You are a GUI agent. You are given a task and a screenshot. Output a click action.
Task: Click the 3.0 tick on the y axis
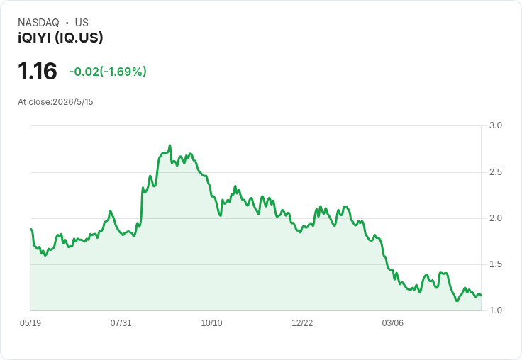pos(495,125)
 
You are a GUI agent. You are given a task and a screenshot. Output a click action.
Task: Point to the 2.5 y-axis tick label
pos(495,172)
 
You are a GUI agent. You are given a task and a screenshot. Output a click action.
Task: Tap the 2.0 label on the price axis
pos(495,218)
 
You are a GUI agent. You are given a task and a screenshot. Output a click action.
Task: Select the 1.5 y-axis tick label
pos(495,264)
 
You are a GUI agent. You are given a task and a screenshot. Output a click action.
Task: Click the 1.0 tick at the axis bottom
pos(495,310)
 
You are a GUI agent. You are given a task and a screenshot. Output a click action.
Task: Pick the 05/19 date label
pos(30,323)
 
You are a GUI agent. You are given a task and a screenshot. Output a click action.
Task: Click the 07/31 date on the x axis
pos(121,323)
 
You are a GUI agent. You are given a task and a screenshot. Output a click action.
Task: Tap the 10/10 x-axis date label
pos(211,323)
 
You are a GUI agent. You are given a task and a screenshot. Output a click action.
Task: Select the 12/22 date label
pos(302,323)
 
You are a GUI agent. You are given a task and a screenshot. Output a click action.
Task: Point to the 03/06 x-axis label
pos(392,323)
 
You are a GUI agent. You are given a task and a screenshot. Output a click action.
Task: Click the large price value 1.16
pos(38,71)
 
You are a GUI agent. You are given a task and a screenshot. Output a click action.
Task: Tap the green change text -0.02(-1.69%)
pos(108,72)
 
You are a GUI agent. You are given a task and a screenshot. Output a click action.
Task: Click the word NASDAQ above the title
pos(38,23)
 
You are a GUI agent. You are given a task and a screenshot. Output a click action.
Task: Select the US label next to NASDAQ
pos(82,23)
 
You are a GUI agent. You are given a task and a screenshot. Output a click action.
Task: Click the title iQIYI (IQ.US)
pos(60,38)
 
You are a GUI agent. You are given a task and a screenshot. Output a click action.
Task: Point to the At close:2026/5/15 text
pos(55,102)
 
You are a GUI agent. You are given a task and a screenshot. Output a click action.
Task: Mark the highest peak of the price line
pos(170,145)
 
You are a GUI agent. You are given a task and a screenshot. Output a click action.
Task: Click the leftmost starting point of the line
pos(31,229)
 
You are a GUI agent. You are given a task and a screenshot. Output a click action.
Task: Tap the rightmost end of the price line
pos(481,296)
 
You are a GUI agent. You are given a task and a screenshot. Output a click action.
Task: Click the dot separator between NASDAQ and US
pos(67,23)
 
